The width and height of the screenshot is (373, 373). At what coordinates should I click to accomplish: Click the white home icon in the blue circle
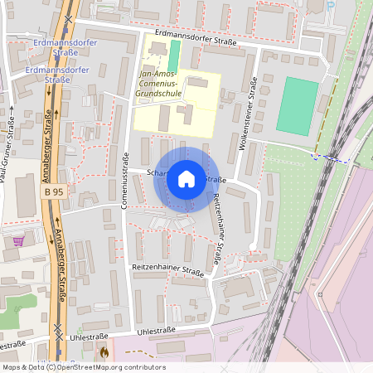[186, 179]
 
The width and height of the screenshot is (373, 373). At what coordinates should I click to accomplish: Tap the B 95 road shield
[53, 192]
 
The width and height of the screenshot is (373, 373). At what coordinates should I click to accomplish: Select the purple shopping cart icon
[18, 242]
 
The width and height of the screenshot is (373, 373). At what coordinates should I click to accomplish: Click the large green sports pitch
[297, 105]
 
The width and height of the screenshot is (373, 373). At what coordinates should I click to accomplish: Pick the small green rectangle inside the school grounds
[173, 57]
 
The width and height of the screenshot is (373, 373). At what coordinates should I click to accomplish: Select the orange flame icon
[104, 351]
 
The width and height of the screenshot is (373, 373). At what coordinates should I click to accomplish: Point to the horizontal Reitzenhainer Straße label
[167, 271]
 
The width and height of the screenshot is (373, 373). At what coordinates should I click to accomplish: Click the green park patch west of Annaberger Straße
[17, 303]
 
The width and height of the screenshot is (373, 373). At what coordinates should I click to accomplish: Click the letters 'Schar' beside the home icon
[157, 173]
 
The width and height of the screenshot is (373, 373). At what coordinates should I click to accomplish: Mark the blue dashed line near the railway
[332, 157]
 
